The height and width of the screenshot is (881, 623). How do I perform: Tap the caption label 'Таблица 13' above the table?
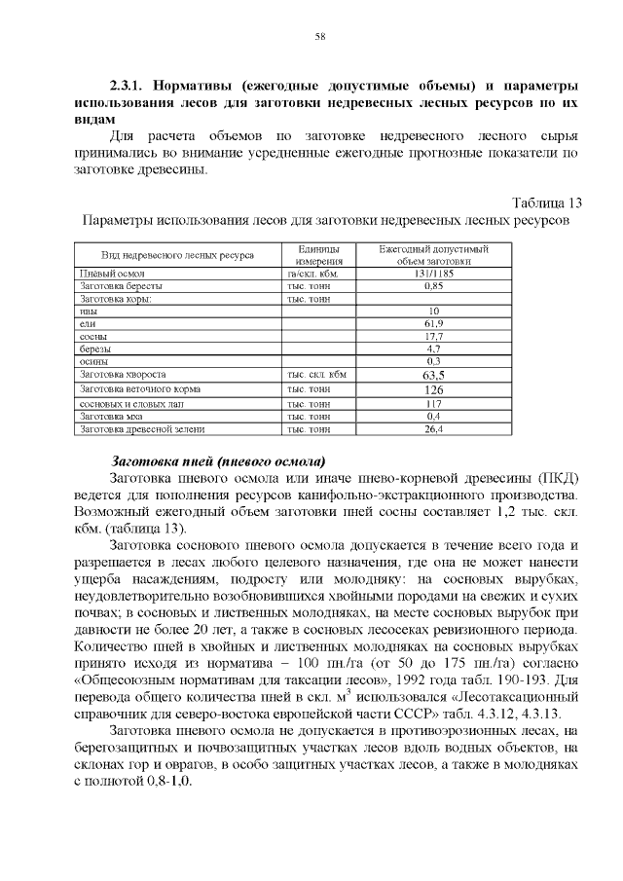coord(546,203)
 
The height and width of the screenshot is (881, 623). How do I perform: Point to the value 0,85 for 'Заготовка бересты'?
coord(434,286)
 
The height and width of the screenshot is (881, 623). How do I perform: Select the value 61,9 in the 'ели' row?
coord(434,323)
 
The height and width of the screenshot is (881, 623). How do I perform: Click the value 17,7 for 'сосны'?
coord(434,336)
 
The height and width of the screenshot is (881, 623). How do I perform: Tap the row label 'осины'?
coord(93,361)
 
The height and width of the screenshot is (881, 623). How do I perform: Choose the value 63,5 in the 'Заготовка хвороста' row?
coord(434,375)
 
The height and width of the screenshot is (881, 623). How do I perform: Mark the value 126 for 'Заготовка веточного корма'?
coord(434,389)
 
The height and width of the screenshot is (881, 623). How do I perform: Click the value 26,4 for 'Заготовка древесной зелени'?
coord(434,428)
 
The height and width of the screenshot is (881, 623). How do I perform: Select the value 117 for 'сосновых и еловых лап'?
coord(434,403)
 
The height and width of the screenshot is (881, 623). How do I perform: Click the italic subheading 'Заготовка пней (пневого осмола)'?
coord(219,460)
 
